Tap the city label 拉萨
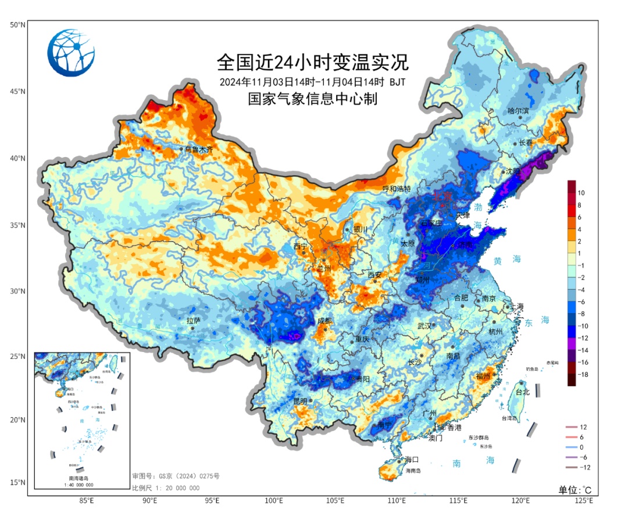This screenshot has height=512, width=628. [x=193, y=321]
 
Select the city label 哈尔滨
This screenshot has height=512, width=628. [x=518, y=111]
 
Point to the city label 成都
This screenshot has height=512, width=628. [x=324, y=321]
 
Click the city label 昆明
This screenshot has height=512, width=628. [x=300, y=401]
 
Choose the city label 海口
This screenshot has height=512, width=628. [x=412, y=460]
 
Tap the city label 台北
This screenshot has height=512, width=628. [x=523, y=392]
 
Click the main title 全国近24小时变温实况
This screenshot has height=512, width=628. [x=313, y=61]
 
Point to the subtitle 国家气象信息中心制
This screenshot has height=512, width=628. [x=313, y=99]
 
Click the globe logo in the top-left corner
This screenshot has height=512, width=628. [x=71, y=52]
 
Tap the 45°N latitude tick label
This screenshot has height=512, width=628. [x=17, y=91]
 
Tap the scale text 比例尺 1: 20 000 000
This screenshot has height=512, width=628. [x=166, y=488]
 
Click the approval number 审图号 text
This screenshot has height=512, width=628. [x=176, y=477]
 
